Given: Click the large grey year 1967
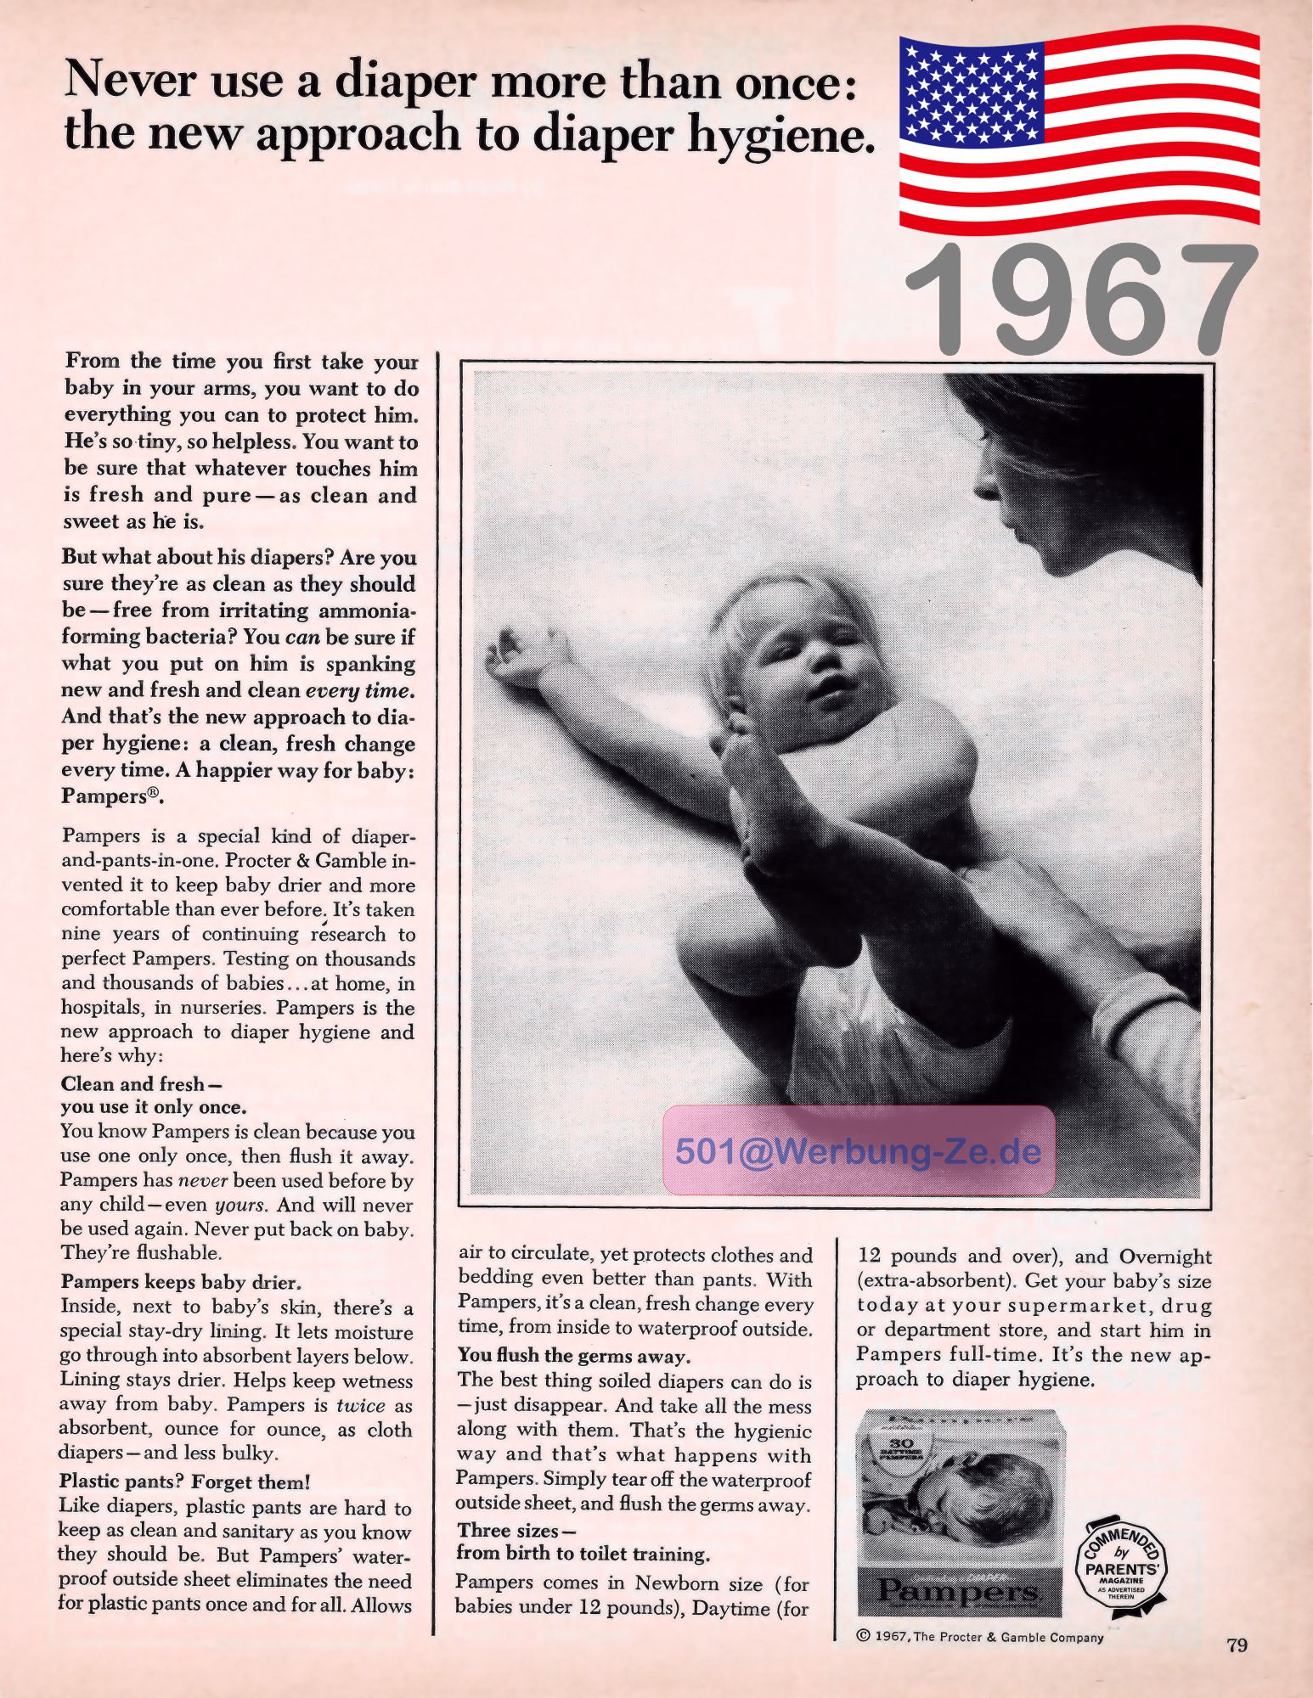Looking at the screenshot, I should [x=1080, y=299].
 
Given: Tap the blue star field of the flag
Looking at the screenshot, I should [x=967, y=90].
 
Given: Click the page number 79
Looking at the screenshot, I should [x=1237, y=1645].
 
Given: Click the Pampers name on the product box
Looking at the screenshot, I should [x=959, y=1589].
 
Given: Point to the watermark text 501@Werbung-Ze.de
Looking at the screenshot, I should [x=858, y=1151].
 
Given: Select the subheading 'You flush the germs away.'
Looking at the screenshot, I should [x=574, y=1355].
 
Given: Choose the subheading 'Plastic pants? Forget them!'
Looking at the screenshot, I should [x=185, y=1482].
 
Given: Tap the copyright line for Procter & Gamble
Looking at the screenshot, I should [x=979, y=1638].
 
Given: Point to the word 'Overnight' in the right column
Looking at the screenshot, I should [x=1165, y=1257].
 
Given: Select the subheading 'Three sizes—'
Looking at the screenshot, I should [x=516, y=1531].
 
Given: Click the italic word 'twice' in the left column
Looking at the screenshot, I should [x=361, y=1405].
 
